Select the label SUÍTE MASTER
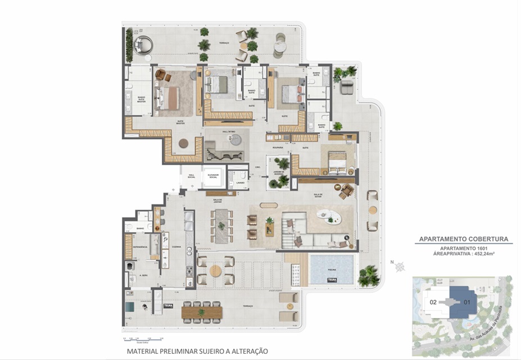click(x=180, y=122)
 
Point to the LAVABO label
click(x=239, y=182)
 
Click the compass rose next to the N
click(x=400, y=268)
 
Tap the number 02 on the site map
click(x=433, y=301)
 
